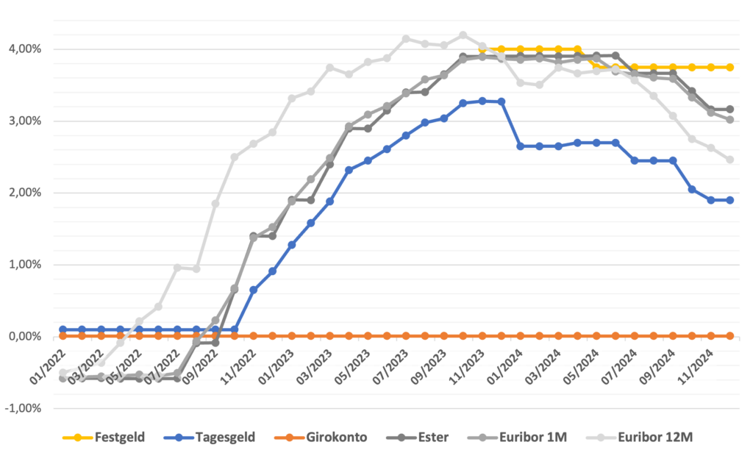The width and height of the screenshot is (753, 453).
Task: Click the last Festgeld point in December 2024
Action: (729, 67)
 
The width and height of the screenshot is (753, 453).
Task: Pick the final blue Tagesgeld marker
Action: (729, 200)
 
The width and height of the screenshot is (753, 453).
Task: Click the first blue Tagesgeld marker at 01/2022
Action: (63, 329)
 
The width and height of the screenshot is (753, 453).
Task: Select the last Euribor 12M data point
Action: (729, 160)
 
